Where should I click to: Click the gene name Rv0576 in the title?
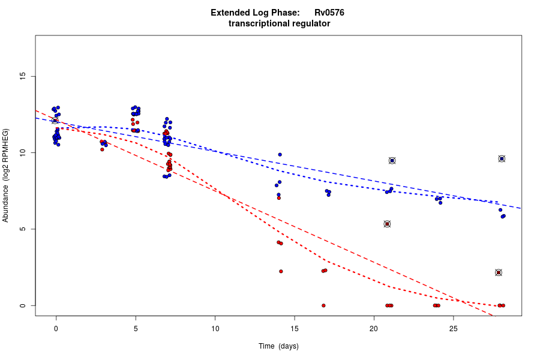point(329,13)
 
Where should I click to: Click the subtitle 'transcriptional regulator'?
point(279,23)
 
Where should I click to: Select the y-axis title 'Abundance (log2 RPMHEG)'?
point(6,175)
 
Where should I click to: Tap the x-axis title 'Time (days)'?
point(278,346)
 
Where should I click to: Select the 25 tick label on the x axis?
point(453,329)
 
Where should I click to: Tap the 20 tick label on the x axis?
point(374,329)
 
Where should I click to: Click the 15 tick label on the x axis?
point(294,329)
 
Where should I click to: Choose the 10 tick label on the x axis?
point(215,329)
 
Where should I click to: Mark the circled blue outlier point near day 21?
point(392,160)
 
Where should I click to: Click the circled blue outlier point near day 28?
point(502,158)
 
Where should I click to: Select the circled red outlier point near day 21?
point(388,224)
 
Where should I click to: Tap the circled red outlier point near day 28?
point(499,272)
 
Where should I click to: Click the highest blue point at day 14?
point(280,154)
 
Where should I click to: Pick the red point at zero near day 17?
point(323,305)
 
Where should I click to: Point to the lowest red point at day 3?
point(102,149)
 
